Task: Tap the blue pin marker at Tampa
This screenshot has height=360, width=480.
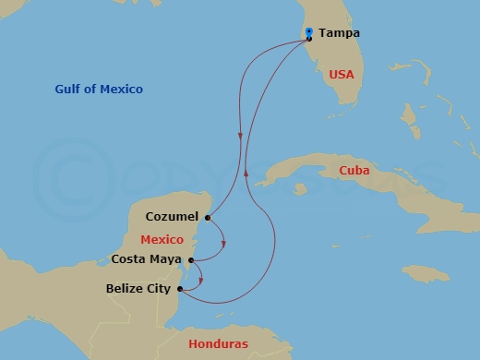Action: coord(309,32)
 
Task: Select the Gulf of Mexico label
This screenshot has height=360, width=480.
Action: coord(99,89)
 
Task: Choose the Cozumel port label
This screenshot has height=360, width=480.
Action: coord(172,218)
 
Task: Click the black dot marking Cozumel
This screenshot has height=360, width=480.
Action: coord(208,219)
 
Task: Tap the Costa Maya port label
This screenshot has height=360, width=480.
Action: coord(146,259)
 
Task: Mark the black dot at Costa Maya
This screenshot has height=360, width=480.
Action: coord(190,260)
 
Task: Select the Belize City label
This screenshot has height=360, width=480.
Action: coord(138,289)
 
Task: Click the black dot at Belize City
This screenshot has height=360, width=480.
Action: coord(180,290)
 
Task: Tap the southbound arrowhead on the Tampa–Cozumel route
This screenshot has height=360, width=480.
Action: coord(242,137)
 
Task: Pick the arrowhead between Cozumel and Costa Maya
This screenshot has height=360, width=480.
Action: coord(224,244)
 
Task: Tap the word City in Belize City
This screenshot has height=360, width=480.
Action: coord(158,289)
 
